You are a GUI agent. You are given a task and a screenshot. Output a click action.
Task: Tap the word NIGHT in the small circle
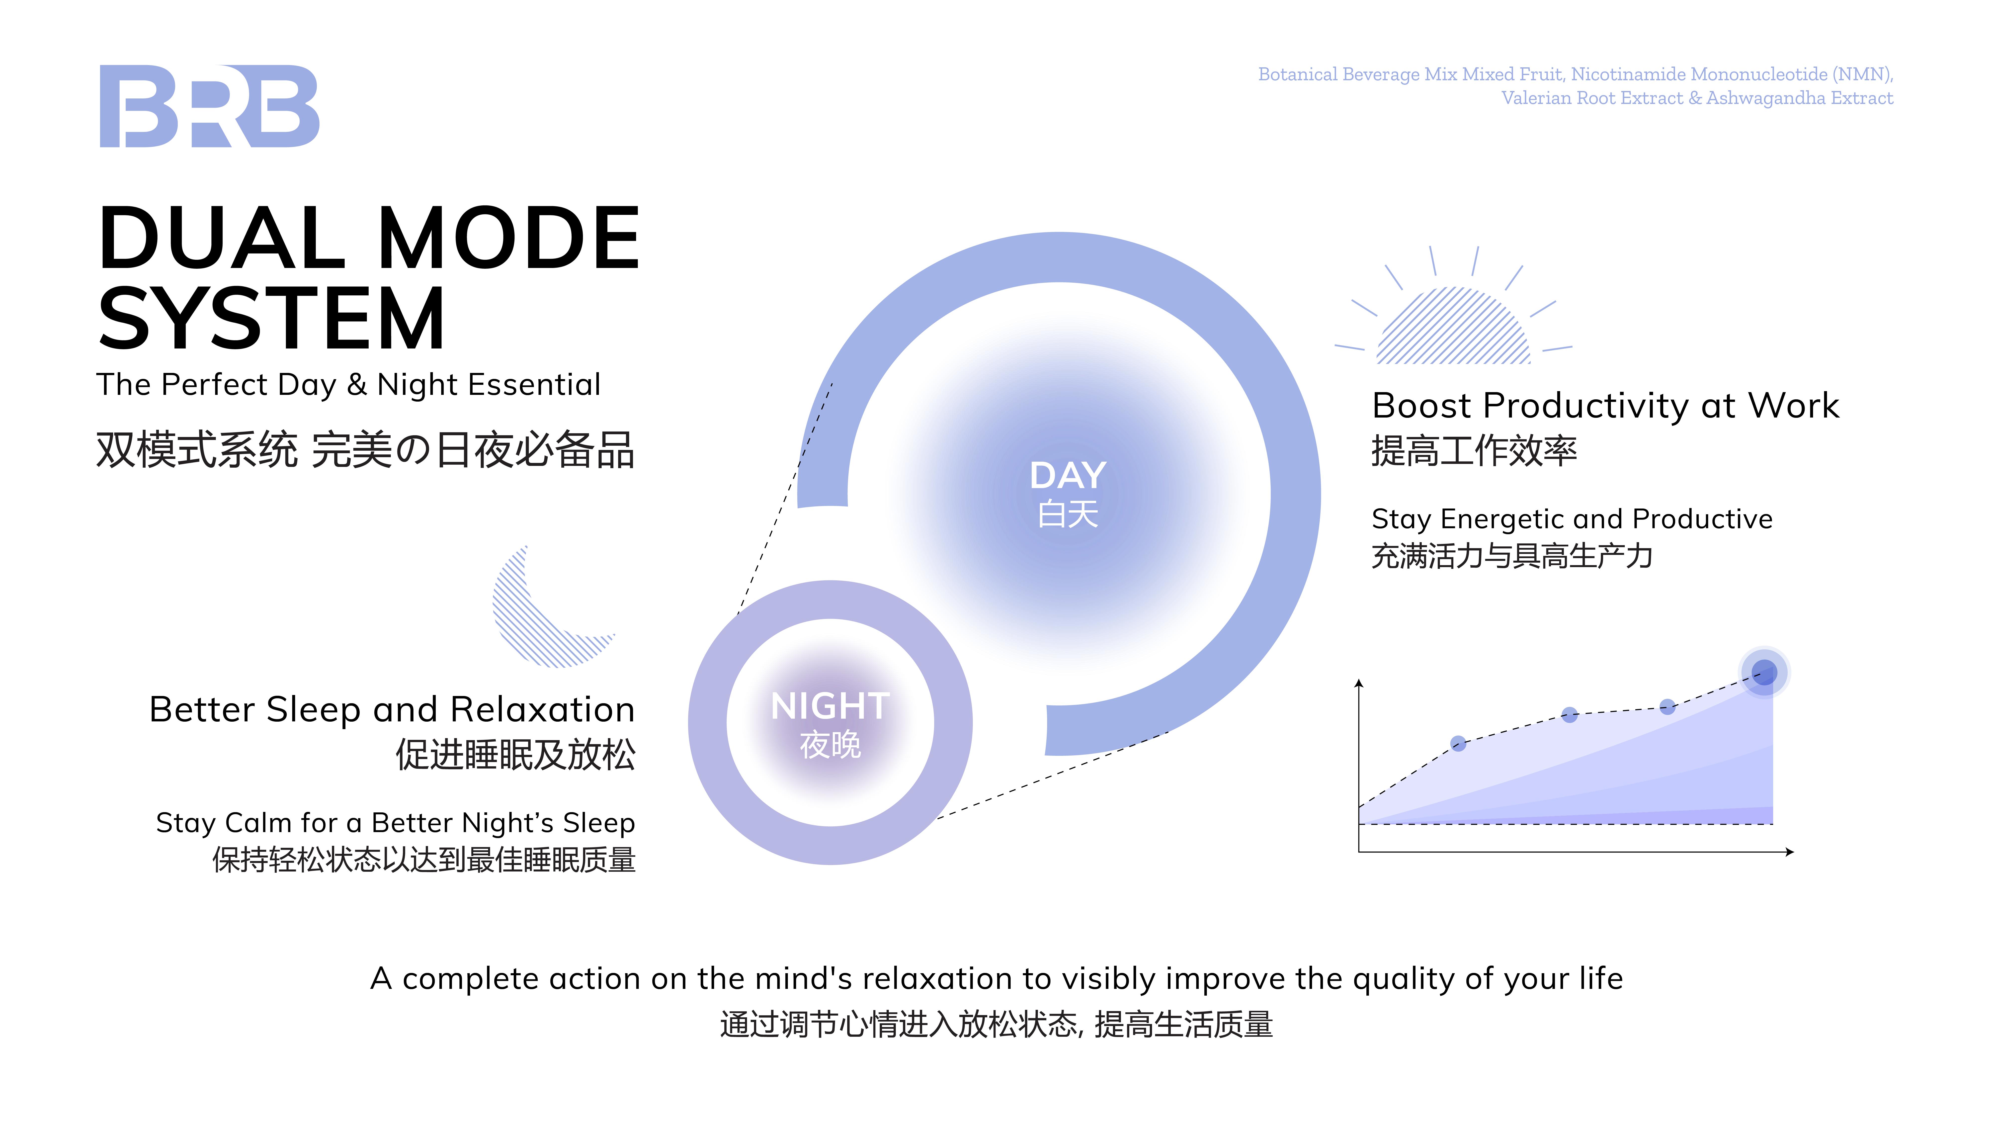click(x=830, y=706)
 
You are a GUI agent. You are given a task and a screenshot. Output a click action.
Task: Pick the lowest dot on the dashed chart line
click(x=1458, y=743)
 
